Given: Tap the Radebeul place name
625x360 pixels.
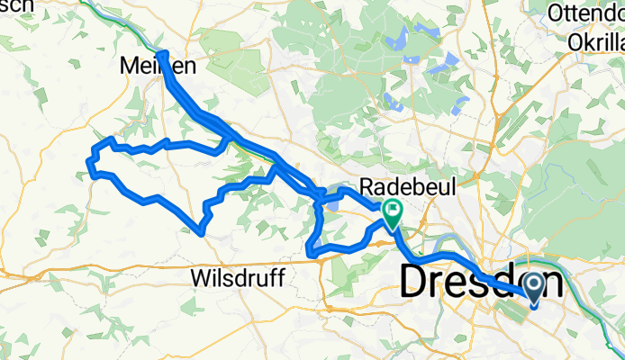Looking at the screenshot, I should point(408,187).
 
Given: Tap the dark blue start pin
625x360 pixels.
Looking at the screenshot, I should point(532,288).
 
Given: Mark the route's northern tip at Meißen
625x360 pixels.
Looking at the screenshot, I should point(162,55).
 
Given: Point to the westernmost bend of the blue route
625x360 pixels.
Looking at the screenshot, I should point(89,162).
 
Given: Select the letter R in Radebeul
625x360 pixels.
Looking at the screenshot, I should point(365,187).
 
